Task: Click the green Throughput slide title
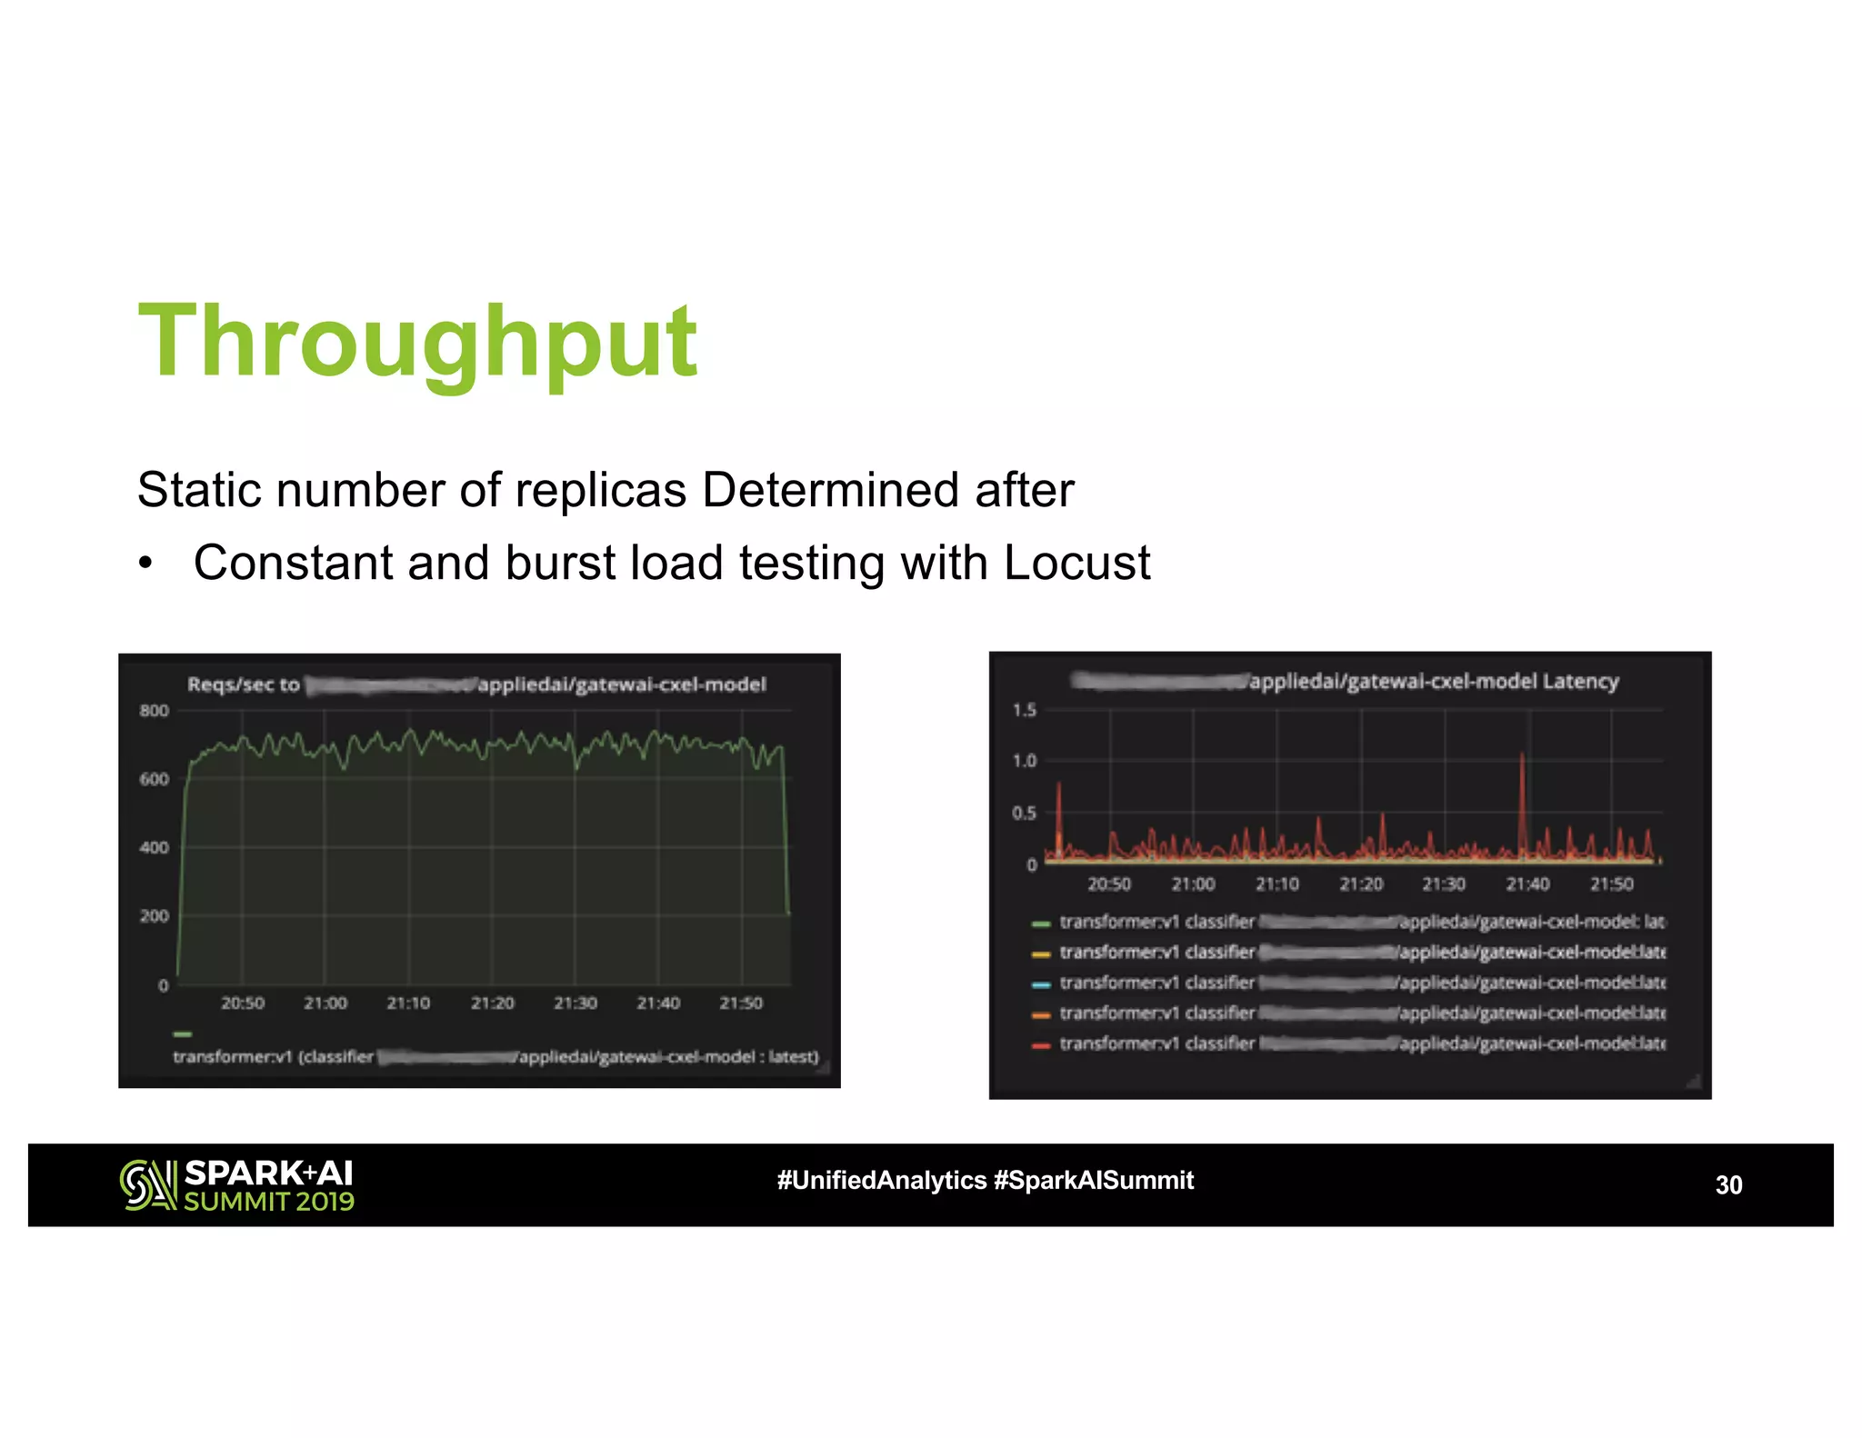(417, 343)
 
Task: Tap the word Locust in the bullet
(1076, 563)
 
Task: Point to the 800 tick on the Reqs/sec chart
(154, 711)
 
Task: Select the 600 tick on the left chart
(154, 779)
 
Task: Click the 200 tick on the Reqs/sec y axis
(154, 916)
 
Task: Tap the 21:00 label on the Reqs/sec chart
(325, 1004)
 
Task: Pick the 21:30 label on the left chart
(576, 1004)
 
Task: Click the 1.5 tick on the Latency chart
(1025, 711)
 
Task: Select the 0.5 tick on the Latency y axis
(1025, 814)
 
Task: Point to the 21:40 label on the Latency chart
(1527, 884)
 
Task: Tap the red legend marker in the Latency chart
(1041, 1045)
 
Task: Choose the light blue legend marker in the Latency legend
(1041, 984)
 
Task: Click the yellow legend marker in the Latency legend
(1041, 954)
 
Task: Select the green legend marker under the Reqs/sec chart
(182, 1034)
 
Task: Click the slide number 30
(1728, 1185)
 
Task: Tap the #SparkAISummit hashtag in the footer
(1094, 1181)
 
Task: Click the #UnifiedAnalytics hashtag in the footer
(882, 1181)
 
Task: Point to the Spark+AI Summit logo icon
(147, 1185)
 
